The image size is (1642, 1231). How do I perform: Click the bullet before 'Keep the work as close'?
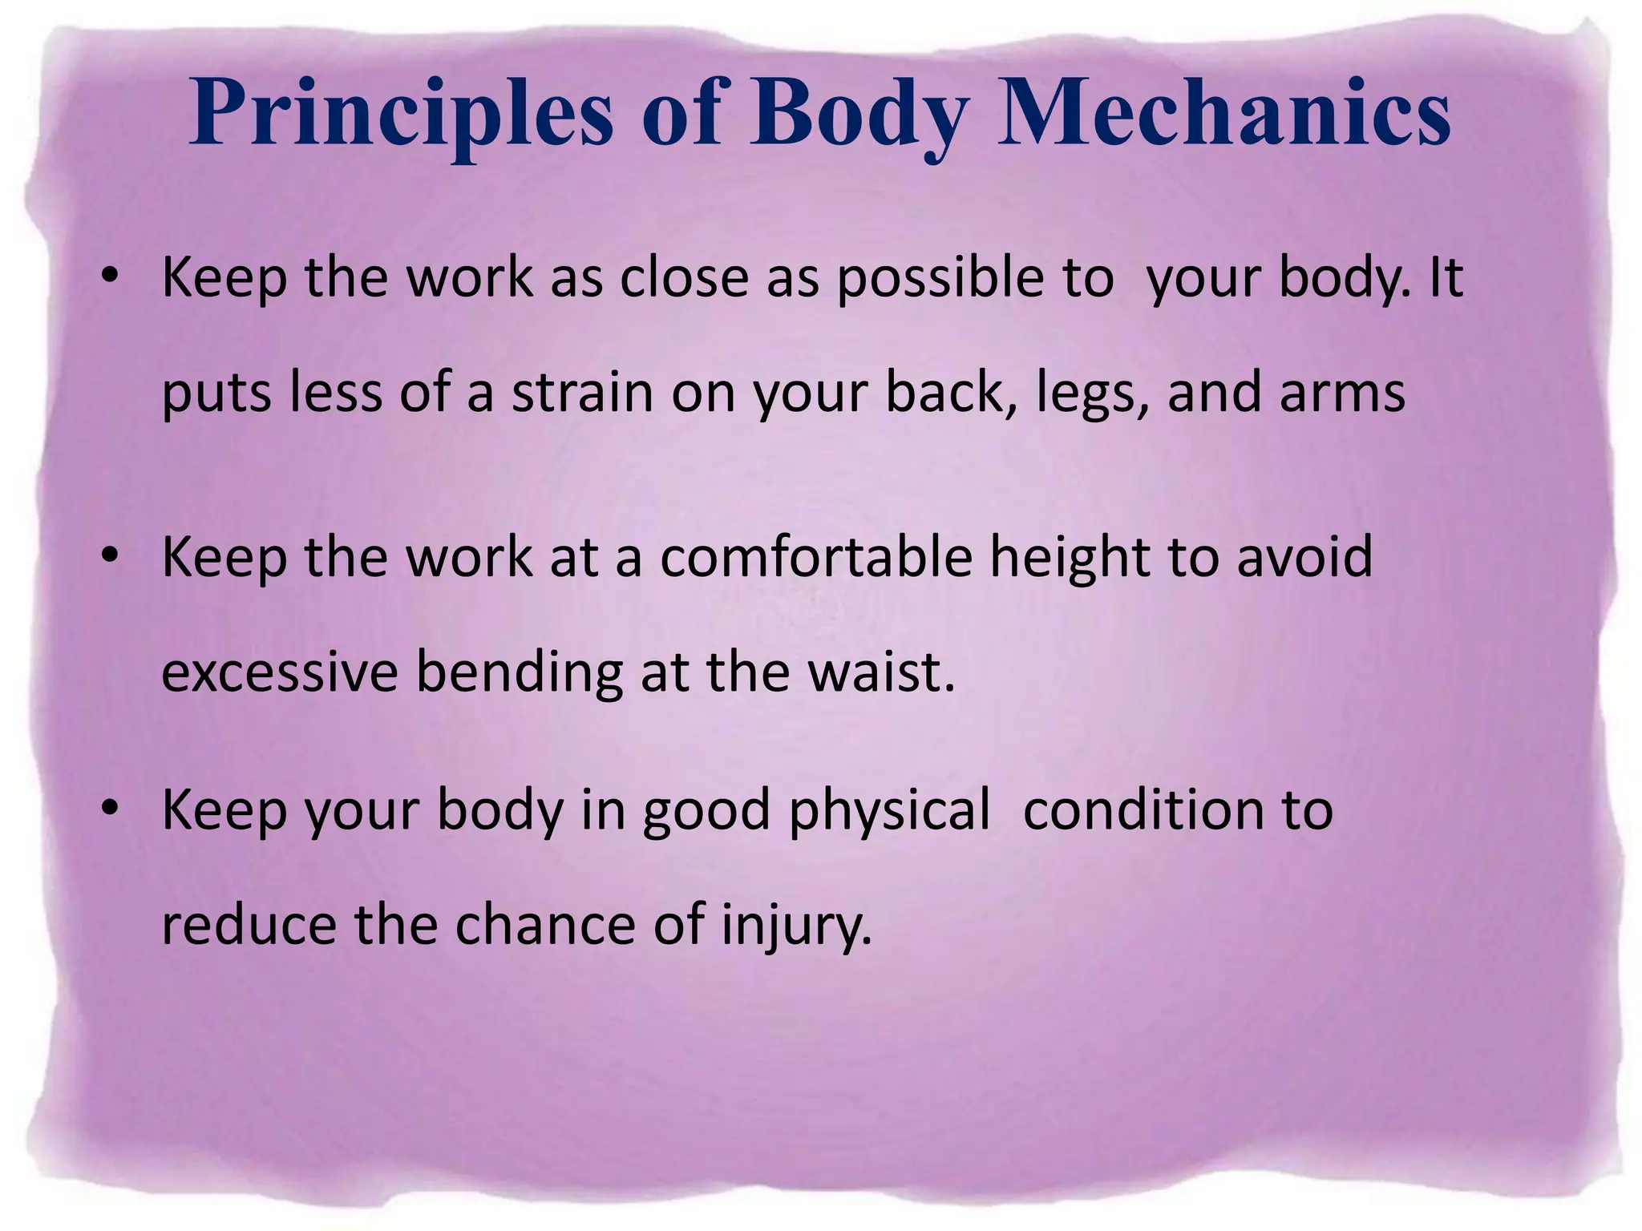(110, 276)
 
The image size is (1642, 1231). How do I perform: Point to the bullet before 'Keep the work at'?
(110, 555)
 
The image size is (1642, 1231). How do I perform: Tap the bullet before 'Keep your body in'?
(110, 809)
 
